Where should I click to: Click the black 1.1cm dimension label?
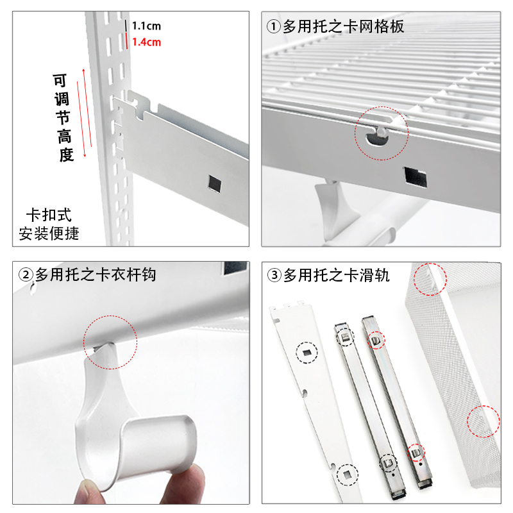pyautogui.click(x=146, y=26)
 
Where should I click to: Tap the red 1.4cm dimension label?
pyautogui.click(x=146, y=42)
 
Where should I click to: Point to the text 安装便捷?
pyautogui.click(x=48, y=233)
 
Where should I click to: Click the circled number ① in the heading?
pyautogui.click(x=274, y=27)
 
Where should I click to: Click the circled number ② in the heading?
pyautogui.click(x=26, y=275)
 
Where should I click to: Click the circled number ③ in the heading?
pyautogui.click(x=274, y=275)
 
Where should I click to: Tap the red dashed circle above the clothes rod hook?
pyautogui.click(x=110, y=342)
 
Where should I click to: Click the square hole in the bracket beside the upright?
pyautogui.click(x=214, y=183)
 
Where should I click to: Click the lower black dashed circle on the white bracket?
pyautogui.click(x=346, y=474)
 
